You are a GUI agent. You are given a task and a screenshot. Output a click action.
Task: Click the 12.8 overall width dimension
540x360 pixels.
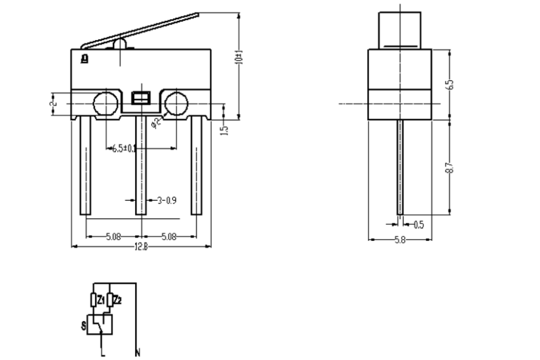(x=141, y=247)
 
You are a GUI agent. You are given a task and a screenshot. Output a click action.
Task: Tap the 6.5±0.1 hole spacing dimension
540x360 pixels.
(x=124, y=148)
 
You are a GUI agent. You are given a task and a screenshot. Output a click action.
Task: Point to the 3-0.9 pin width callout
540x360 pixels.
(x=167, y=200)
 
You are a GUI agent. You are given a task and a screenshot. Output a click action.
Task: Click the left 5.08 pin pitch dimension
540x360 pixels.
(x=113, y=236)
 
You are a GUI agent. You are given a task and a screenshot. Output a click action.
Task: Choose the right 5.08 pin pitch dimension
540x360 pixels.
(x=169, y=236)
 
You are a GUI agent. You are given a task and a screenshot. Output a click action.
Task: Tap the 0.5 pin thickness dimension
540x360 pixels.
(x=419, y=224)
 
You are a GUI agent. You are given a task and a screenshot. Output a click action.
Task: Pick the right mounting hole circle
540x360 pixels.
(x=176, y=103)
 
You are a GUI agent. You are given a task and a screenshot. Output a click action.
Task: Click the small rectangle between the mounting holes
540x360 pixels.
(x=140, y=98)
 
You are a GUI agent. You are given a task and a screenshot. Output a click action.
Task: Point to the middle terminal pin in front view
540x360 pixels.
(x=140, y=166)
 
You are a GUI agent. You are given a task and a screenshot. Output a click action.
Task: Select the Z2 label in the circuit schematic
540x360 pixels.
(x=117, y=298)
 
